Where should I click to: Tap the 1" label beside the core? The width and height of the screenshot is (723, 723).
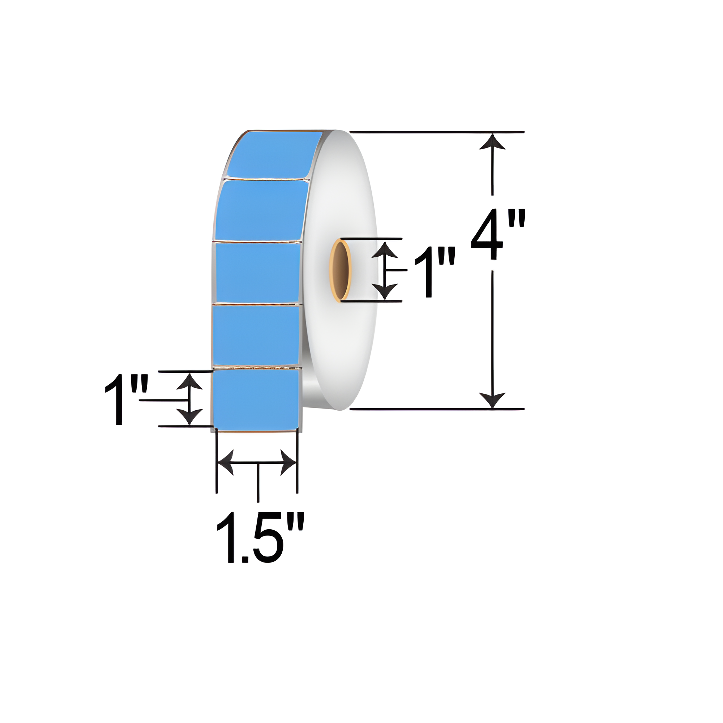pyautogui.click(x=435, y=272)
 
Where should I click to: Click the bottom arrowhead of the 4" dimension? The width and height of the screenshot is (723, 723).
pyautogui.click(x=492, y=400)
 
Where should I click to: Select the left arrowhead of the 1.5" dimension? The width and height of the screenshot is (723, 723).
pyautogui.click(x=225, y=463)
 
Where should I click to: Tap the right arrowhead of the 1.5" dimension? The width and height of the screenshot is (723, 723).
pyautogui.click(x=288, y=463)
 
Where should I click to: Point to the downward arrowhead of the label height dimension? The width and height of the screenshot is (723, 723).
pyautogui.click(x=189, y=417)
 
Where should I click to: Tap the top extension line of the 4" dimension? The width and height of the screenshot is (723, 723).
pyautogui.click(x=437, y=132)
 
